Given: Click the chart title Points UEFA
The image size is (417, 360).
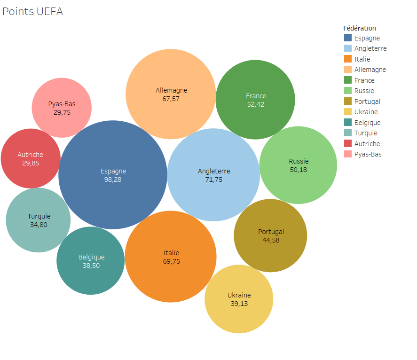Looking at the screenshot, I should (x=32, y=12).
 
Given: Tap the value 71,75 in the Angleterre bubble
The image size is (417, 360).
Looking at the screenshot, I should (x=214, y=180).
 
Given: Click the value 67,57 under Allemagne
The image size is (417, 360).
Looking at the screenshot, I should (x=171, y=99).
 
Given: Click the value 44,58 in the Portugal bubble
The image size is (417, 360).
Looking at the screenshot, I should (x=270, y=240).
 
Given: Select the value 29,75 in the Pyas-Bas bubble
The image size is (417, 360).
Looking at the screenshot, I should (x=62, y=112).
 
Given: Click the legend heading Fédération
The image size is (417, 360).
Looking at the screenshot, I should (x=360, y=28).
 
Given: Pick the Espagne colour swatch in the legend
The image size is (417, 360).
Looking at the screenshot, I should (x=348, y=38).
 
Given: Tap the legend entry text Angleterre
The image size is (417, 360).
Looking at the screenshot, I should (x=370, y=48).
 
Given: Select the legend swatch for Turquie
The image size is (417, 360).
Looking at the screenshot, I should (x=348, y=133).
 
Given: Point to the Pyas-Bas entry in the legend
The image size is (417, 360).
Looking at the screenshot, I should (x=368, y=154).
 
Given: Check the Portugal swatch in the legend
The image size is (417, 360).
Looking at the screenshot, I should (x=348, y=102).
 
